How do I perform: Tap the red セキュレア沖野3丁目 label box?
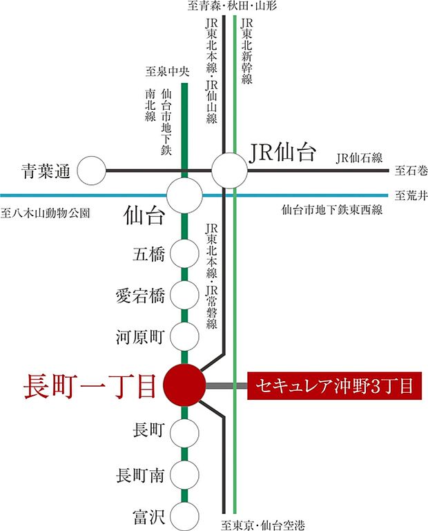coord(333,386)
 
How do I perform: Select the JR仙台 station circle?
coord(229,170)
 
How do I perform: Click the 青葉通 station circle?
coord(92,171)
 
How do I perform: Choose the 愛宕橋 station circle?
coord(184,296)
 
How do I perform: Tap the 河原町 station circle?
coord(184,338)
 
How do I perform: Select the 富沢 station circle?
coord(184,514)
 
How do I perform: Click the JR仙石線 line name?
coord(360,158)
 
